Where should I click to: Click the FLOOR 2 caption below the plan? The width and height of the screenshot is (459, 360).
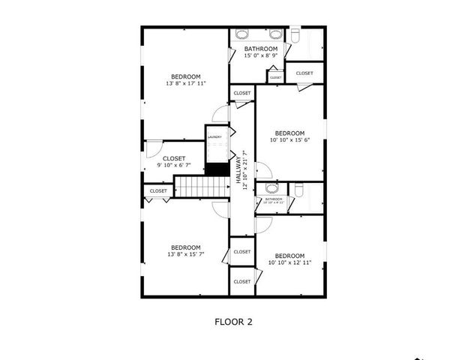(233, 322)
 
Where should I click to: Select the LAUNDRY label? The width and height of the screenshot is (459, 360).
(214, 137)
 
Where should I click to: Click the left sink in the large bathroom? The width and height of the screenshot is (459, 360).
(243, 34)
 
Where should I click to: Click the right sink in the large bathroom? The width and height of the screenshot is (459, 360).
(275, 34)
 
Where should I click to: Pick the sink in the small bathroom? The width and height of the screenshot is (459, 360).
(271, 187)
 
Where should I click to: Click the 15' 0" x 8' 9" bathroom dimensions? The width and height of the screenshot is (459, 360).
(260, 55)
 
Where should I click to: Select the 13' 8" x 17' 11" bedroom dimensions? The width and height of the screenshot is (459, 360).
(185, 84)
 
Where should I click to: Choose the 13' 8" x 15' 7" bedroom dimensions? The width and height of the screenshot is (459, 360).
(185, 255)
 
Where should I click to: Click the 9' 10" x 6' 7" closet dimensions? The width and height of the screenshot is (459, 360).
(174, 165)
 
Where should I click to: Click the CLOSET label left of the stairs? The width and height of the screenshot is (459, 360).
(158, 191)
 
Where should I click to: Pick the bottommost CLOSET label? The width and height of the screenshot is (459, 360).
(241, 282)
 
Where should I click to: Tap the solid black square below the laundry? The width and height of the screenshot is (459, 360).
(217, 169)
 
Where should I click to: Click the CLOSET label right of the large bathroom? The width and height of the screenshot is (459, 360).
(304, 73)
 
